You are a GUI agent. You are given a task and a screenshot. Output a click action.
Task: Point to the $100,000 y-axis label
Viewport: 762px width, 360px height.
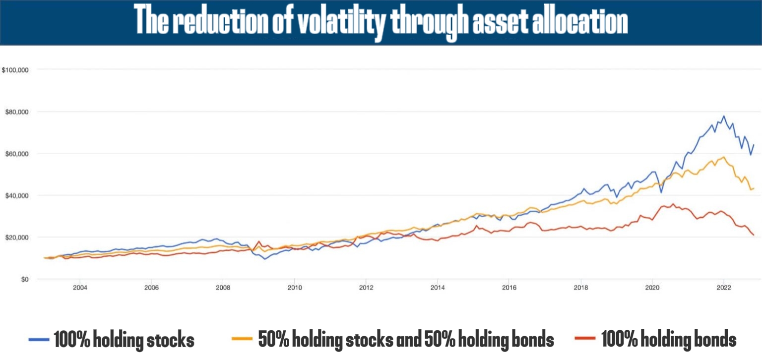pyautogui.click(x=16, y=70)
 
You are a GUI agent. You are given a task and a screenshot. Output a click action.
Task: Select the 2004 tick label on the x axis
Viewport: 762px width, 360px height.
pyautogui.click(x=80, y=288)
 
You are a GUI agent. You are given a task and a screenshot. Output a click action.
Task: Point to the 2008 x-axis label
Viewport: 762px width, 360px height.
pyautogui.click(x=223, y=288)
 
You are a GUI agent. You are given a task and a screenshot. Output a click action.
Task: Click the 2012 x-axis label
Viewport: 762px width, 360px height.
pyautogui.click(x=366, y=288)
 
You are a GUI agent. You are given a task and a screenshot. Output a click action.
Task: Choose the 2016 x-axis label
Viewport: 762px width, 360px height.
pyautogui.click(x=509, y=288)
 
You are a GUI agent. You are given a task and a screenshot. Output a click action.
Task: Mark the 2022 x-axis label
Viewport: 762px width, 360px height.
pyautogui.click(x=724, y=288)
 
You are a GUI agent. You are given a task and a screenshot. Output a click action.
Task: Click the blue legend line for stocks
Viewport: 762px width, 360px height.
pyautogui.click(x=40, y=340)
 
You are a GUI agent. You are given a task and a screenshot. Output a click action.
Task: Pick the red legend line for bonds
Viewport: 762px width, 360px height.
pyautogui.click(x=586, y=340)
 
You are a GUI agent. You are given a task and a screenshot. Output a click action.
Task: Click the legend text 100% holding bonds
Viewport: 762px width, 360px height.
pyautogui.click(x=669, y=340)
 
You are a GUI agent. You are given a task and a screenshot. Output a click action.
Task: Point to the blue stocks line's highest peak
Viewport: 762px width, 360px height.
pyautogui.click(x=724, y=117)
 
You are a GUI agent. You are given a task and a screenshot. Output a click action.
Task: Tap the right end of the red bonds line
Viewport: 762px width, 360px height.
pyautogui.click(x=754, y=235)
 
